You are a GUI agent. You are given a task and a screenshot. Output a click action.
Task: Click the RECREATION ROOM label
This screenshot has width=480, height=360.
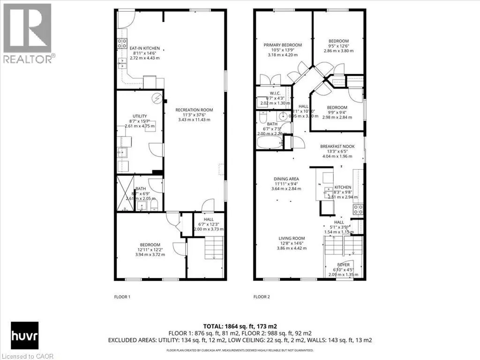[194, 110]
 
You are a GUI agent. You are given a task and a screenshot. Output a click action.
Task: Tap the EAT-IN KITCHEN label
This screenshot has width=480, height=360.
[145, 48]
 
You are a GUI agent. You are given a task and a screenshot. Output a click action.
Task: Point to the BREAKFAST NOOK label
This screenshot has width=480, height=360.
[337, 146]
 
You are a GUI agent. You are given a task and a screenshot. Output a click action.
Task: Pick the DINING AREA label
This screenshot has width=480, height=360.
[286, 179]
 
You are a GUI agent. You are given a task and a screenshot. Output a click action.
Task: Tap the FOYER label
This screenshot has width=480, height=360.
[344, 264]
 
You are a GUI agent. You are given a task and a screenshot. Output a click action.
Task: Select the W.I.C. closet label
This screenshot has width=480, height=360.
[275, 93]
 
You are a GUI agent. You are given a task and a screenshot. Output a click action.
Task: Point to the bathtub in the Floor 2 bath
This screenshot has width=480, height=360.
[270, 142]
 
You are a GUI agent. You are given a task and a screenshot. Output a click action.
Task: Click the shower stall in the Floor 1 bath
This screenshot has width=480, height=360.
[125, 193]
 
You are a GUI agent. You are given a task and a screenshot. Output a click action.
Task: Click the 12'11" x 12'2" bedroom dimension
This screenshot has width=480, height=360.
[150, 250]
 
